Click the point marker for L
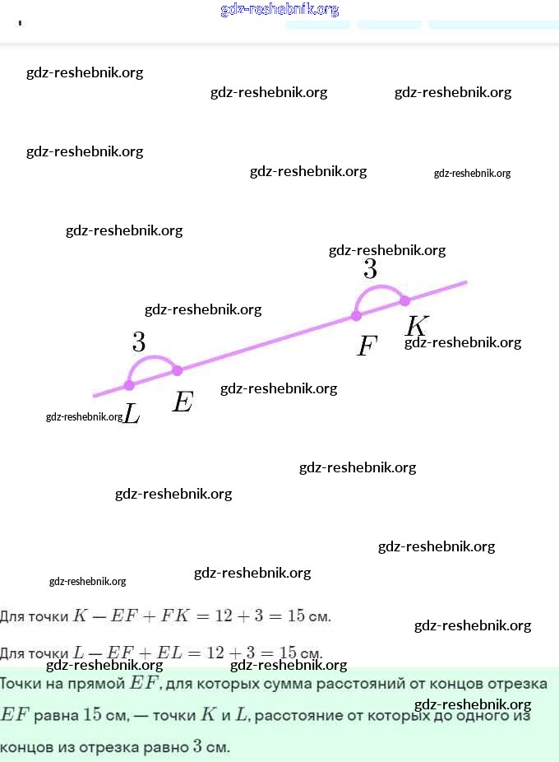click(x=129, y=385)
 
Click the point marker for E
click(x=177, y=371)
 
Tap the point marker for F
click(x=356, y=315)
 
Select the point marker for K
click(x=404, y=300)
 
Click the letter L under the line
click(x=132, y=413)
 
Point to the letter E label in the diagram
click(x=182, y=402)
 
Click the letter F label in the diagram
click(x=367, y=346)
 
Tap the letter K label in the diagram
click(x=417, y=326)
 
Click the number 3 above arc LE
click(x=139, y=342)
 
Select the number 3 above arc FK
click(x=371, y=269)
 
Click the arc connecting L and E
click(x=152, y=360)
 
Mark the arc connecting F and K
click(x=380, y=287)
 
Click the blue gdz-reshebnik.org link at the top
click(x=279, y=10)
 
